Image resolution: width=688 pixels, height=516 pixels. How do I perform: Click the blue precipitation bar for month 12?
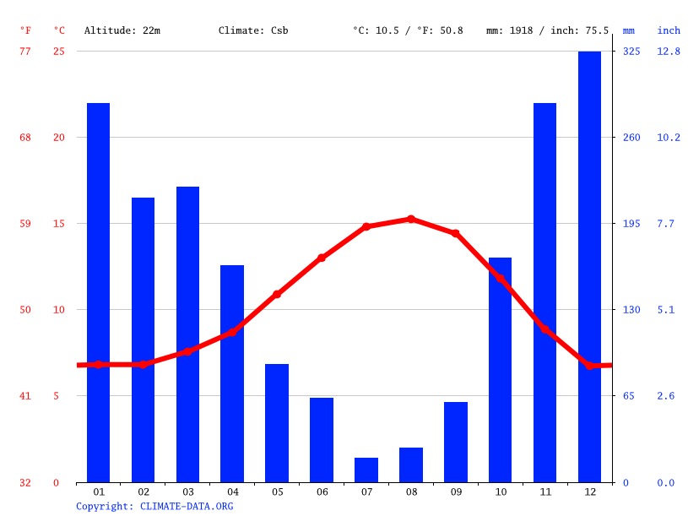(x=589, y=266)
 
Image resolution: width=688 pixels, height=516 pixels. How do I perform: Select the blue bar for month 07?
(x=366, y=470)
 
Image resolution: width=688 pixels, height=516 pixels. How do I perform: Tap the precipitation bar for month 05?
(x=277, y=422)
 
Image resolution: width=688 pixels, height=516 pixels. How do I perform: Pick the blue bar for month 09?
(x=456, y=442)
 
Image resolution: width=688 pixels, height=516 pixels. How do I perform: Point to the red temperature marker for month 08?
(x=411, y=219)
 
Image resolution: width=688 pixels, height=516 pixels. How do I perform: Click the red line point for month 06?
(x=322, y=258)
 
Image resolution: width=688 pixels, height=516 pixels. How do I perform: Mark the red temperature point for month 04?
(x=232, y=332)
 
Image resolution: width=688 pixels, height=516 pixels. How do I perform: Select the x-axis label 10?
(x=501, y=492)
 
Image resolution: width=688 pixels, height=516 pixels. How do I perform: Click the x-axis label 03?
(x=187, y=492)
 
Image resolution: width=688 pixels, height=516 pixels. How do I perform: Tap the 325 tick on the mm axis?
(x=631, y=52)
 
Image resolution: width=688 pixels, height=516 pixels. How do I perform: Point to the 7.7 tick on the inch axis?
(x=667, y=224)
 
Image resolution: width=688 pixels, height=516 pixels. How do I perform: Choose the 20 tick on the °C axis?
(x=59, y=138)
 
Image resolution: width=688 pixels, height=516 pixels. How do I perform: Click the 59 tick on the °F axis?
(x=25, y=224)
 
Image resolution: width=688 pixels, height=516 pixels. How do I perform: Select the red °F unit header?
(x=25, y=30)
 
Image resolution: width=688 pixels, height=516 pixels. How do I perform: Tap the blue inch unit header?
(x=669, y=30)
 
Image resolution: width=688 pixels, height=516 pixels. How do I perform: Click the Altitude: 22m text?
(x=122, y=30)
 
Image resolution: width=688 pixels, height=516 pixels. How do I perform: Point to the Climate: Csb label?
(x=253, y=30)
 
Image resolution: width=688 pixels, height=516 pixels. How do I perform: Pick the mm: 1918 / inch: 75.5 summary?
(x=547, y=30)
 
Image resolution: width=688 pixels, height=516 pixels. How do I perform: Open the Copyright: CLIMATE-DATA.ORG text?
(x=154, y=506)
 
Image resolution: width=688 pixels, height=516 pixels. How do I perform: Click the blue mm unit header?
(x=629, y=30)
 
